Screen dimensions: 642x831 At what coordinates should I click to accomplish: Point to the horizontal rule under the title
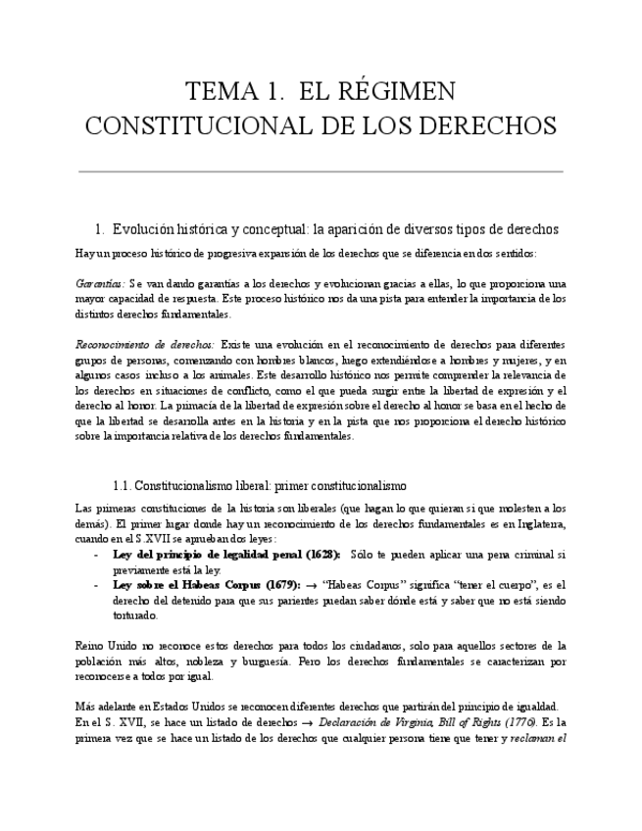(321, 171)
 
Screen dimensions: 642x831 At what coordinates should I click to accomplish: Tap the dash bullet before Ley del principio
(95, 555)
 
